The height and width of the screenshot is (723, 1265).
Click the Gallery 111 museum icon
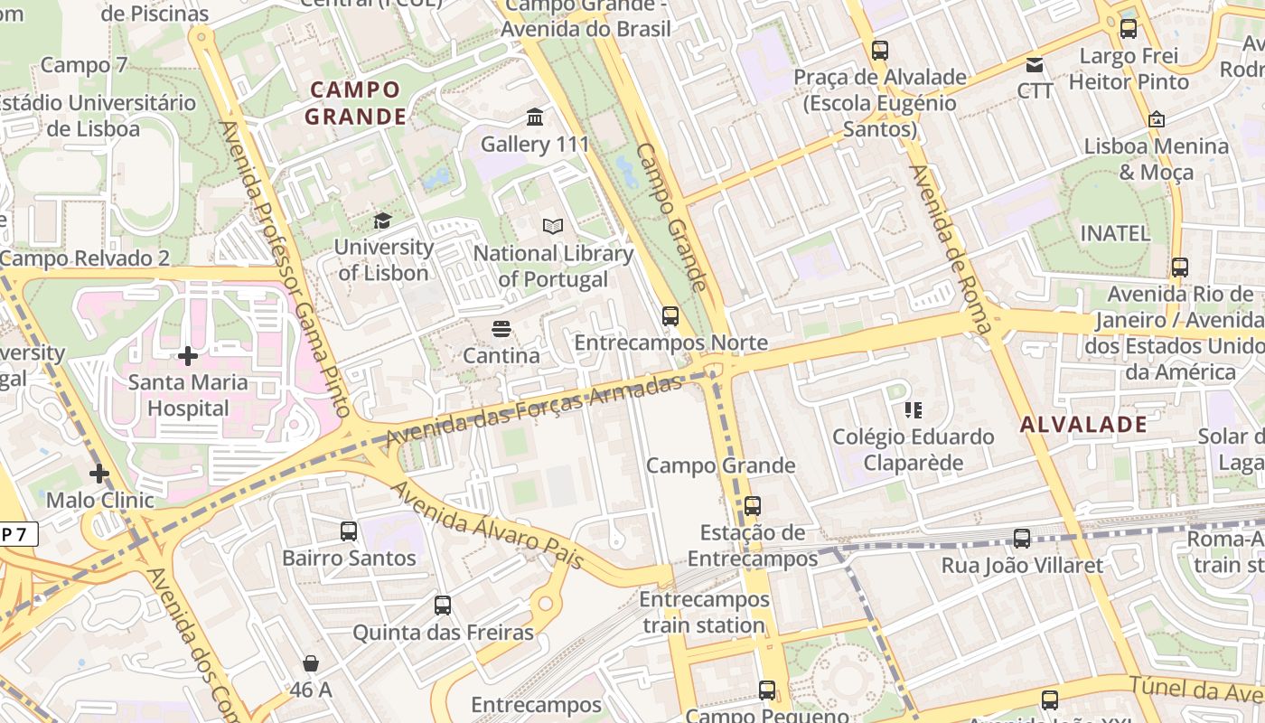[535, 117]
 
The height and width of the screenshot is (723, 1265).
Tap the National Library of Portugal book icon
[552, 226]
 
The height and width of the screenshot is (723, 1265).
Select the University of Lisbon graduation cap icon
[383, 221]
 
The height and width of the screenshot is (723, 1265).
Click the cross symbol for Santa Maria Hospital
[188, 356]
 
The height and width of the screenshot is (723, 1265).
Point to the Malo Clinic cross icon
[99, 474]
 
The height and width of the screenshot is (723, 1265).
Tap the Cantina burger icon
[501, 328]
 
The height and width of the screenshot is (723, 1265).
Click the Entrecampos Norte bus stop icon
[670, 315]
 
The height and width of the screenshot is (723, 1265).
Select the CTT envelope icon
[1035, 65]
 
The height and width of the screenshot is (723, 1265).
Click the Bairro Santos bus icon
[349, 531]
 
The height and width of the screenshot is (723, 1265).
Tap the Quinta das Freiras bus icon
[443, 606]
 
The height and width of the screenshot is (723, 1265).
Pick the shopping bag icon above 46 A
[311, 663]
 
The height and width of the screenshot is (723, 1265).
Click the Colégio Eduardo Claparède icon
[913, 410]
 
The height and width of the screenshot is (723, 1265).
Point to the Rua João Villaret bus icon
[1022, 539]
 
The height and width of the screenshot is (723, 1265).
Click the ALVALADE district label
[1083, 425]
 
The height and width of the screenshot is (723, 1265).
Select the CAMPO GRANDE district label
[354, 103]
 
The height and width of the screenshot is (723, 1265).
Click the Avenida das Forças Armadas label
[534, 411]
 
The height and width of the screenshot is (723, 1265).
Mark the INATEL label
[1116, 233]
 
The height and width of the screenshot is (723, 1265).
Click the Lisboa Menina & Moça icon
[1156, 119]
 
